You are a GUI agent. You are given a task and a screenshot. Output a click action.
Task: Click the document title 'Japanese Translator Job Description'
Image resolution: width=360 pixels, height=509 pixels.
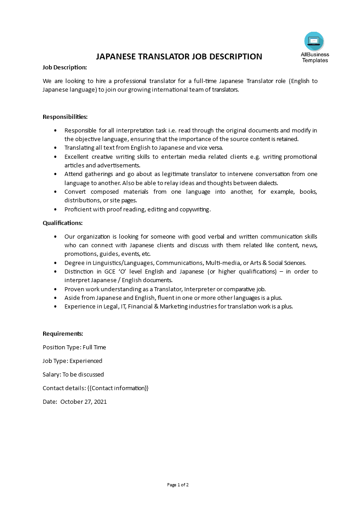click(x=179, y=57)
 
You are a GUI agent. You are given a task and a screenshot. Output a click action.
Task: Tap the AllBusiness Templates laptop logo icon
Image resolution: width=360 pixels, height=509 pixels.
click(x=314, y=41)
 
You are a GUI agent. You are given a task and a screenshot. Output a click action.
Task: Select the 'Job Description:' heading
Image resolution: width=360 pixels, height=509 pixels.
click(x=64, y=68)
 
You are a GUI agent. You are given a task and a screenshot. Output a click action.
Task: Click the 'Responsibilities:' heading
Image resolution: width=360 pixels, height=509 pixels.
click(x=65, y=117)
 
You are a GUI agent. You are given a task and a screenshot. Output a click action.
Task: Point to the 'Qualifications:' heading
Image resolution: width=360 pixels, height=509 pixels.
click(x=63, y=223)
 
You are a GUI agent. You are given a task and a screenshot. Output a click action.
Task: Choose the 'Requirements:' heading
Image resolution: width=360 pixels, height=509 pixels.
click(x=63, y=333)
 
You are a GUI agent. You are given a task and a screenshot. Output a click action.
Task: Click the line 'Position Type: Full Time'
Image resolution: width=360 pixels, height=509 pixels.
click(x=74, y=347)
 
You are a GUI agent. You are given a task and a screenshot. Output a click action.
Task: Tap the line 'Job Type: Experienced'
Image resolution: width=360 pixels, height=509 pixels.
click(x=72, y=361)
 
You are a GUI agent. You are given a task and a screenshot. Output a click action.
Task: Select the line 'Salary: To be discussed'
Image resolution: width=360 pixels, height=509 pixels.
click(x=73, y=374)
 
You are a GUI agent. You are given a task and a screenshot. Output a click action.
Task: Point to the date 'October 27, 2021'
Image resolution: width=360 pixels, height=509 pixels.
click(x=84, y=401)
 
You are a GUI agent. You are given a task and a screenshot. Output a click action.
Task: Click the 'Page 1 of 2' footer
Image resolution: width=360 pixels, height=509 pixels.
click(x=178, y=485)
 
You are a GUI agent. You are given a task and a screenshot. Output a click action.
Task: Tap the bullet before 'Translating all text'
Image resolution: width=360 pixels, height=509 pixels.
click(x=55, y=148)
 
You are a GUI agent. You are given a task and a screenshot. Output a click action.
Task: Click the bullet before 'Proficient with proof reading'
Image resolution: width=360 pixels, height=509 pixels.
click(x=55, y=210)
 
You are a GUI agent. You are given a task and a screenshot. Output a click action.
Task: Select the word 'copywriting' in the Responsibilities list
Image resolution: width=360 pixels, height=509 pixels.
click(x=195, y=210)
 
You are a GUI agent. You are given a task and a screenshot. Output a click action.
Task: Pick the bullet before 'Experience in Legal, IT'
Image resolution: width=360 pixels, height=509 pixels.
click(x=55, y=307)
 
